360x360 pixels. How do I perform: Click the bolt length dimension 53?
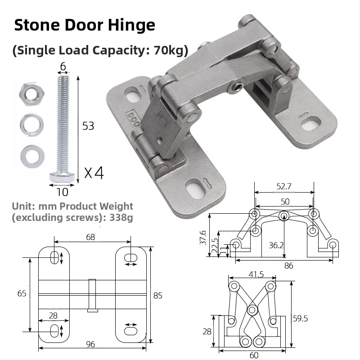coord(89,126)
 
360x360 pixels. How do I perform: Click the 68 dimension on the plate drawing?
coord(90,237)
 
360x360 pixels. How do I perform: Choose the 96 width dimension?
coord(90,344)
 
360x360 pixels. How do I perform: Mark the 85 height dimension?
coord(157,296)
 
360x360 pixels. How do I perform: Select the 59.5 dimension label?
coord(301,319)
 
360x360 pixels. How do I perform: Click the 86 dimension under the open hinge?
coord(288,265)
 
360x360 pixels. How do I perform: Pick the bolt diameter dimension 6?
coord(63,66)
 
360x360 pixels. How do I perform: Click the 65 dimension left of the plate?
coord(22,293)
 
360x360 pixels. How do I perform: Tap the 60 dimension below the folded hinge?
coord(254,355)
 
